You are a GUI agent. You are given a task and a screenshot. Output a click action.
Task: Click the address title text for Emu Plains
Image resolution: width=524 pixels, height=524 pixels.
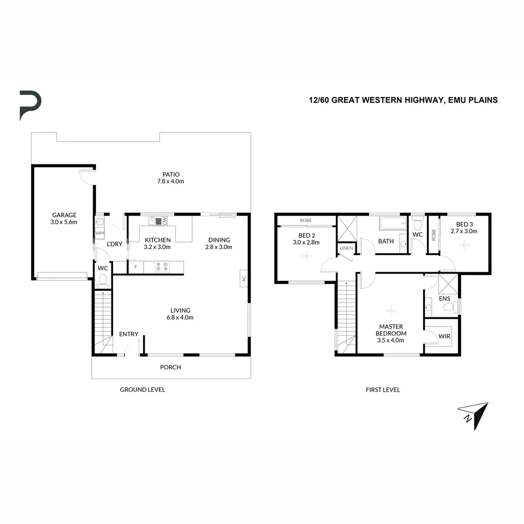pos(403,100)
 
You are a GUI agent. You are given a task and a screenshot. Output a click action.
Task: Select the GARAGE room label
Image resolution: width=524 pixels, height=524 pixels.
pos(65,218)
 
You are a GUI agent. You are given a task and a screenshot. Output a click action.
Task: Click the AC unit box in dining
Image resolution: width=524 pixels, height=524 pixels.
pos(244,278)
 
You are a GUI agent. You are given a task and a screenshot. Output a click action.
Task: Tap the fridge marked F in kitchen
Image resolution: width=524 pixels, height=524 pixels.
pos(136,267)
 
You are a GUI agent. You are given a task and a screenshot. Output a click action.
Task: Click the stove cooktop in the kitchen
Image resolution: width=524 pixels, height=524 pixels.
pos(162,267)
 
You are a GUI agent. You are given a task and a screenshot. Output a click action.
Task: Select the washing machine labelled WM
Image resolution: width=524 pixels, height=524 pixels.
pos(99,233)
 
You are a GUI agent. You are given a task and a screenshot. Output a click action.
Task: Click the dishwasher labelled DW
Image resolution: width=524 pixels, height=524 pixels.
pos(165,221)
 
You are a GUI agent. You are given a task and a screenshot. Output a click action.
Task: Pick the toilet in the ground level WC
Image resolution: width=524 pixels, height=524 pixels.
pos(103,279)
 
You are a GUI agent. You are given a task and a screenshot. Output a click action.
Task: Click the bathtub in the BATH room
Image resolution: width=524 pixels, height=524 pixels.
pos(393,224)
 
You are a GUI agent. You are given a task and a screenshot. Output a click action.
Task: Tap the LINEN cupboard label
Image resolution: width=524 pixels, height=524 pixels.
pos(346,248)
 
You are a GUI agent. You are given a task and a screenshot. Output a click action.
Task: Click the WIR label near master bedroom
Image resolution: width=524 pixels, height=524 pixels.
pos(444,336)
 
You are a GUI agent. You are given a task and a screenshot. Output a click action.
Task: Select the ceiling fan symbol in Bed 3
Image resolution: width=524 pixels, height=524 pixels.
pos(464,245)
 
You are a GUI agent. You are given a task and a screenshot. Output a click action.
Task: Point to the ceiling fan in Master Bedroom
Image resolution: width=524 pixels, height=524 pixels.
pos(391,310)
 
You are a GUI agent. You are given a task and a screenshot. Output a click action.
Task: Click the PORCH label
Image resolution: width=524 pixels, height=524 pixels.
pos(171,367)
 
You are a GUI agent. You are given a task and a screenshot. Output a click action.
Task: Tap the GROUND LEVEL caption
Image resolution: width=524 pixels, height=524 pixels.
pos(143,390)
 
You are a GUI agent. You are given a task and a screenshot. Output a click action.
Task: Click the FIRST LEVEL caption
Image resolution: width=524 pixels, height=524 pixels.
pos(383,390)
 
